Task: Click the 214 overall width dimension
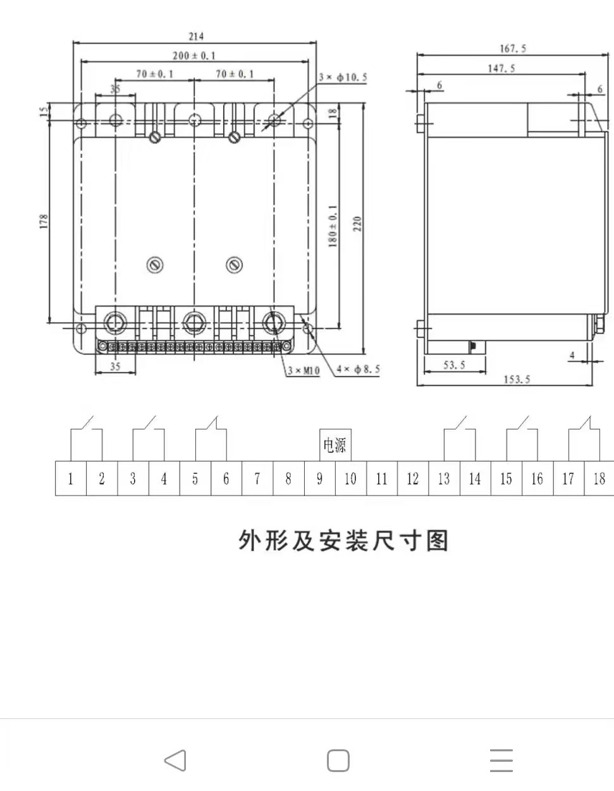tap(196, 37)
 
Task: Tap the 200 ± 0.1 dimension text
tap(193, 56)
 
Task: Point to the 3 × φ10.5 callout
tap(342, 78)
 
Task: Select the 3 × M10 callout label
tap(304, 371)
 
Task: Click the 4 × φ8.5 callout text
tap(358, 369)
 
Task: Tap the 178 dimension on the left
tap(44, 221)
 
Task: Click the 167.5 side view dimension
tap(512, 49)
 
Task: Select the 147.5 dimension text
tap(501, 68)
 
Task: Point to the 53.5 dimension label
tap(454, 365)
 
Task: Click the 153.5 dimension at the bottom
tap(516, 380)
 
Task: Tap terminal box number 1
tap(71, 479)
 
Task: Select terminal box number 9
tap(319, 479)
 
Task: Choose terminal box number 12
tap(413, 479)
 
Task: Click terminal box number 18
tap(599, 479)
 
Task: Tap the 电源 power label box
tap(335, 445)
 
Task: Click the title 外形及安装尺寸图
tap(343, 541)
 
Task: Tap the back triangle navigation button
tap(175, 761)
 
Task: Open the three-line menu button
tap(501, 761)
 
